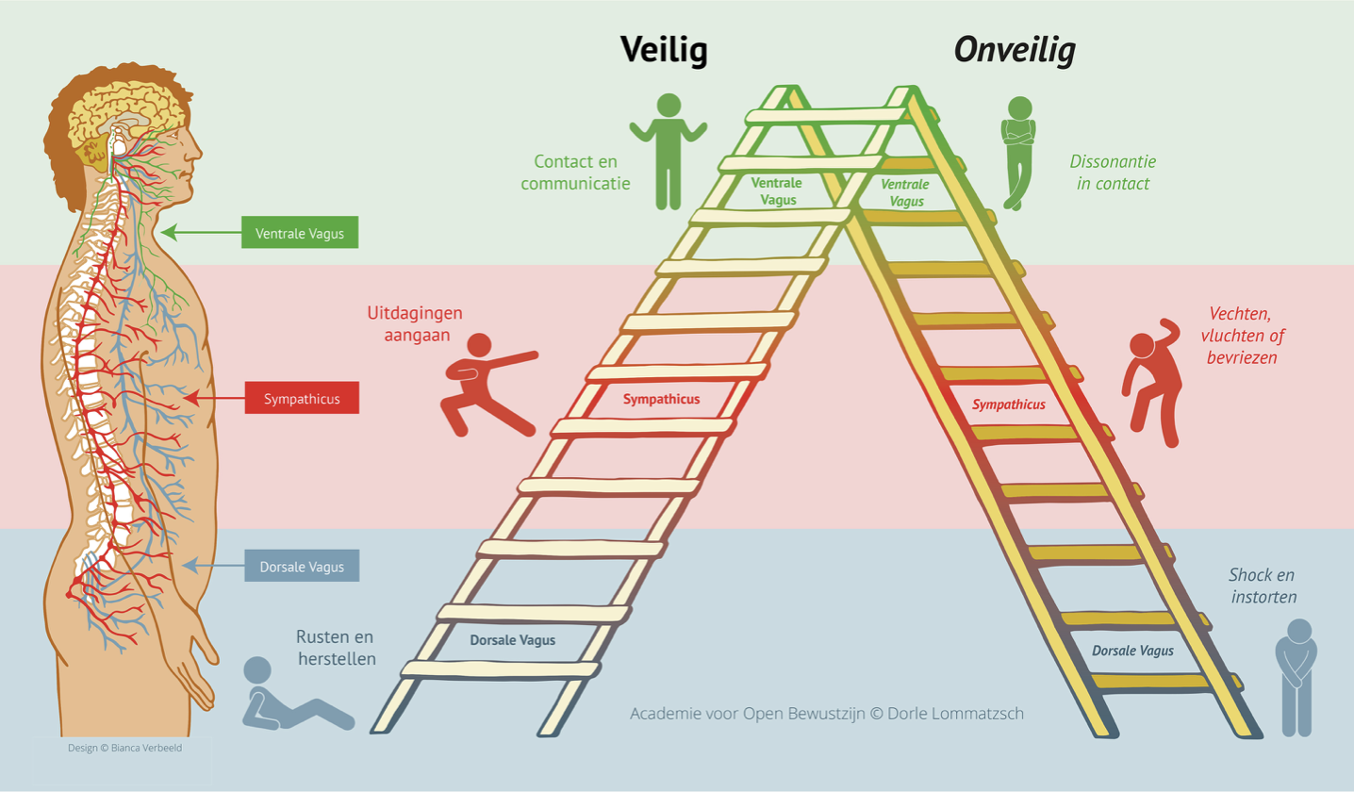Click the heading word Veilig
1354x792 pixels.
664,51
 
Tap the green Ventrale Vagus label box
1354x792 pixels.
300,232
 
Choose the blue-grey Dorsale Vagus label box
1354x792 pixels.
302,567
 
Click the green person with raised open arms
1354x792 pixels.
669,150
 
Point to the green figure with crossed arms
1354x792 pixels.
1018,151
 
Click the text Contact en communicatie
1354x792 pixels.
575,173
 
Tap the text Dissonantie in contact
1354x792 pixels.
1112,173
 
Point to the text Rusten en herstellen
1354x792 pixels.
336,648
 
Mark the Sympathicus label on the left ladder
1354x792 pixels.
661,399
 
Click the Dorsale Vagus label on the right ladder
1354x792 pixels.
1132,651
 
